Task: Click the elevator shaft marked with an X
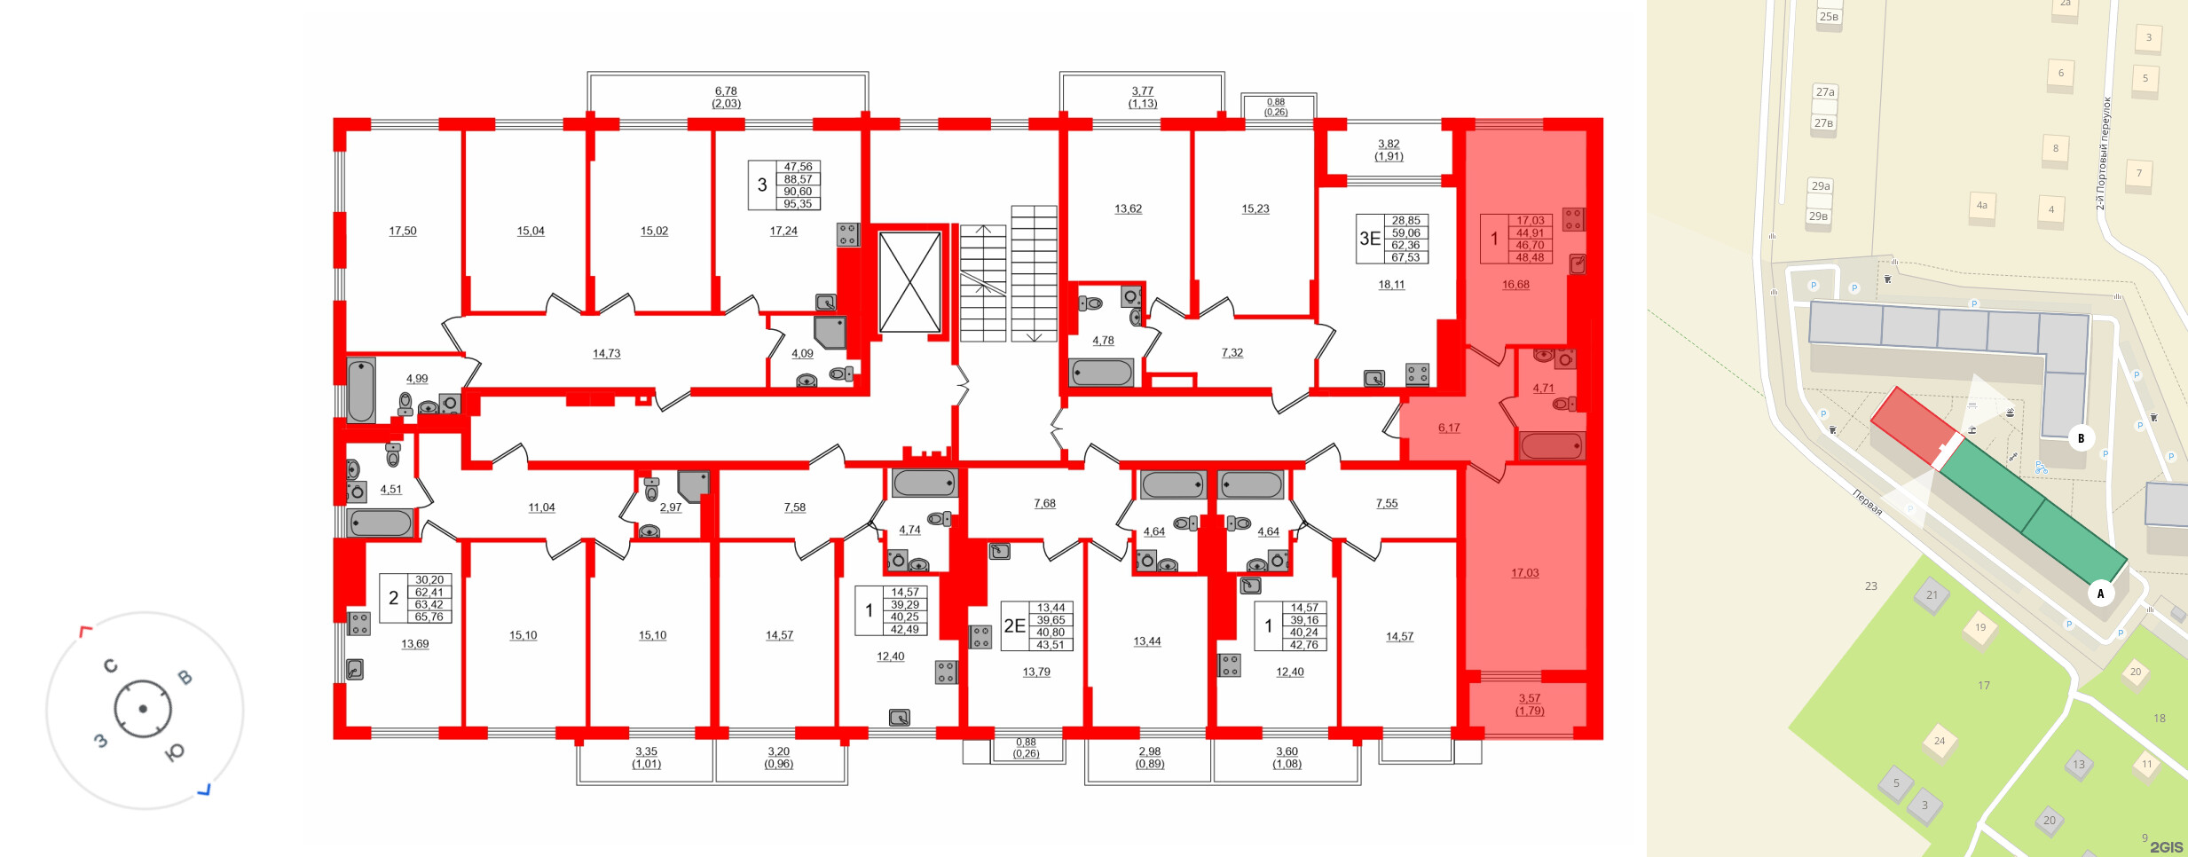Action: point(909,282)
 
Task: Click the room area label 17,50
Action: point(403,231)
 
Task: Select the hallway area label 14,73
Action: point(607,353)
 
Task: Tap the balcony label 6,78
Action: point(726,90)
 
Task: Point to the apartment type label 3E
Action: point(1370,239)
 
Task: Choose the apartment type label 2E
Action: point(1014,625)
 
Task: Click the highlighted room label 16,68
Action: point(1515,285)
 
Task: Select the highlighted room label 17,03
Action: point(1525,573)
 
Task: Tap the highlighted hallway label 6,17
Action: point(1449,428)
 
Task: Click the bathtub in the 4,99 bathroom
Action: point(361,389)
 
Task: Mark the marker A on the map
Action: point(2100,594)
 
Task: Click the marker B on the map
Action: point(2081,438)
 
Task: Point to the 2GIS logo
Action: point(2166,847)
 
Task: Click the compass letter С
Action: point(111,665)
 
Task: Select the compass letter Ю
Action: point(175,752)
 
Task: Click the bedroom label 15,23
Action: point(1255,209)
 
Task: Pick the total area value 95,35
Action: point(798,204)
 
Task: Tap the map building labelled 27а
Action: point(1825,92)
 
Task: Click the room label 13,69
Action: point(415,644)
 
